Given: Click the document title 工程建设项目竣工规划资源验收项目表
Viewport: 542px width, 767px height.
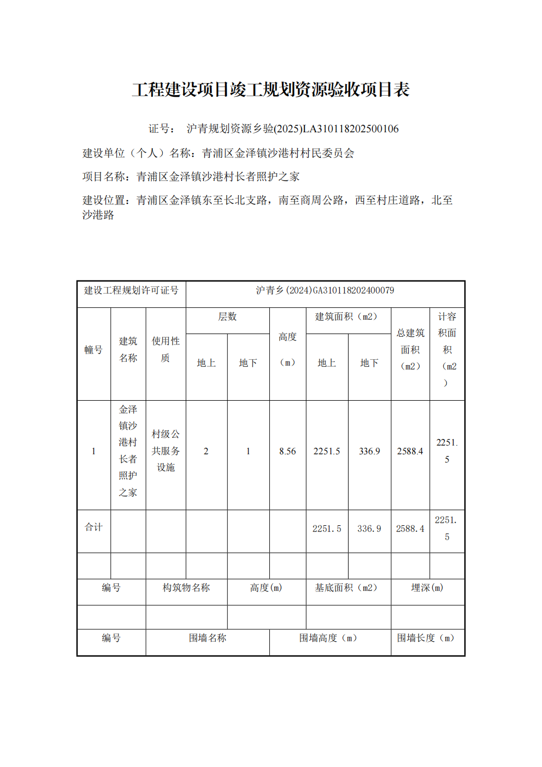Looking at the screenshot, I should (x=271, y=90).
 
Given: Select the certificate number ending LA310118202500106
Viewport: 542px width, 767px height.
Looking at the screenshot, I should (x=292, y=129).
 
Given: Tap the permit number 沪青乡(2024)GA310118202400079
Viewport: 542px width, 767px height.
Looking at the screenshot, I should (x=325, y=290).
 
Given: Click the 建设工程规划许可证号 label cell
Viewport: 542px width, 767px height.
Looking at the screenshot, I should (x=131, y=290).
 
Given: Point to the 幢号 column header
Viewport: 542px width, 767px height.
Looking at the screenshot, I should (x=93, y=350).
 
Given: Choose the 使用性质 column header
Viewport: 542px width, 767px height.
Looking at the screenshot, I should (x=166, y=349).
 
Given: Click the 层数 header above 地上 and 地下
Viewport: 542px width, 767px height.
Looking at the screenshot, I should (x=227, y=317).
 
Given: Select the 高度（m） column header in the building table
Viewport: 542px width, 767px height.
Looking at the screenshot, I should (x=287, y=349).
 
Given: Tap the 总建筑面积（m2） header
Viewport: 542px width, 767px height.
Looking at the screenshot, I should (x=410, y=349).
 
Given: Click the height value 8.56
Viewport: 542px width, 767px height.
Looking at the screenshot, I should (x=287, y=452).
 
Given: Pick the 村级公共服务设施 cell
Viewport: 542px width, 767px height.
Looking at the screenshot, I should (x=166, y=451).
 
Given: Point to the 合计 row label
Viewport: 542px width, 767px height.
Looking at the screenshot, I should (x=93, y=528).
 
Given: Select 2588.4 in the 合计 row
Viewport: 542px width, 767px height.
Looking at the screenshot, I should (x=410, y=529).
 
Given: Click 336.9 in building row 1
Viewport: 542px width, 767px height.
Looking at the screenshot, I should (x=369, y=452).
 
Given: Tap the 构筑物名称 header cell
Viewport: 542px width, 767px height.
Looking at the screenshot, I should (x=186, y=588).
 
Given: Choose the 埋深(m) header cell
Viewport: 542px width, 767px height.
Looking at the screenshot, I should (x=427, y=588).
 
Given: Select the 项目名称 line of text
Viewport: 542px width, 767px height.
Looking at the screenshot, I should (x=191, y=177).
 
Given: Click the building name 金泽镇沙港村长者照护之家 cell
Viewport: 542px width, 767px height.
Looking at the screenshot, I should (x=128, y=451).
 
